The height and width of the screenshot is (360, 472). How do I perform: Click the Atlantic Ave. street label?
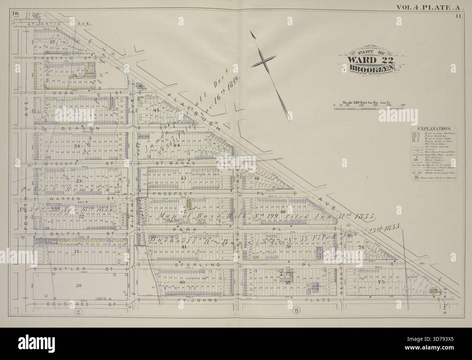click(x=60, y=23)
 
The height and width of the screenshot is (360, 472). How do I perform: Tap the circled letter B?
click(x=297, y=311)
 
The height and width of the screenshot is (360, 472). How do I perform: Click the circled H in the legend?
click(x=415, y=178)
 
